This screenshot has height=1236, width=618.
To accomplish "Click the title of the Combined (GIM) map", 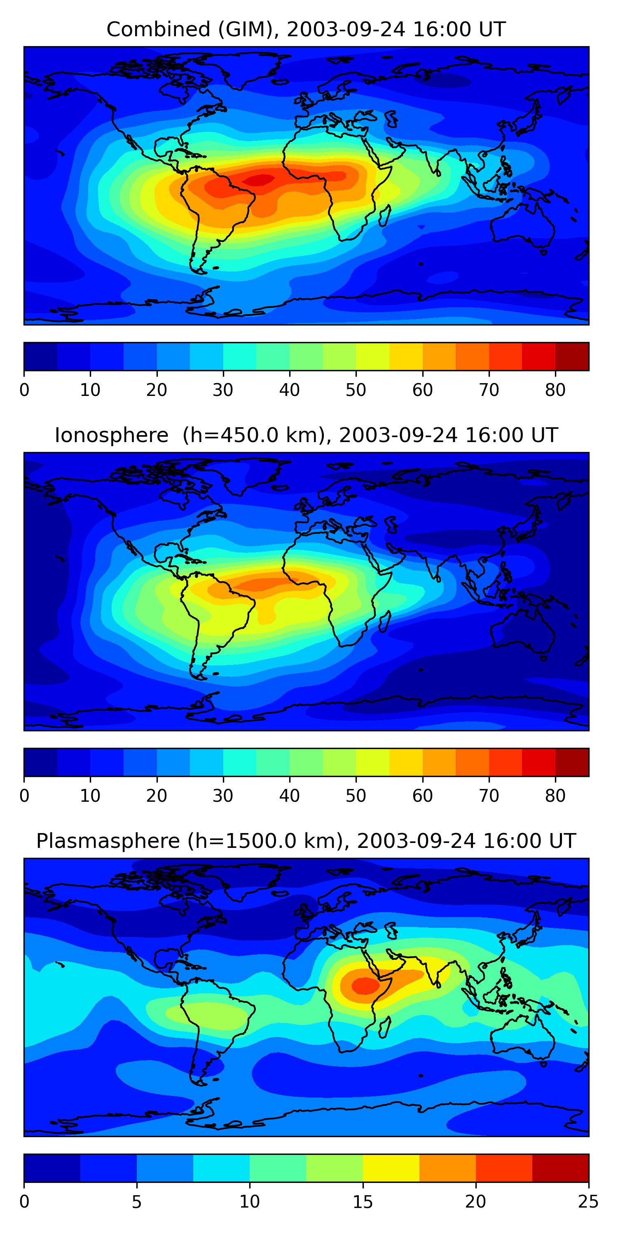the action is coord(306,30).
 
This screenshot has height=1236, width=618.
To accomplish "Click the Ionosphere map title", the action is coord(306,435).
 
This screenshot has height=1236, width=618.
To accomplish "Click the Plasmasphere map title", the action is coord(306,842).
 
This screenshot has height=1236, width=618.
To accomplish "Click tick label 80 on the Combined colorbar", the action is coord(555,390).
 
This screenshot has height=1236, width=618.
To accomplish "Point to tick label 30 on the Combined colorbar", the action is coord(223,390).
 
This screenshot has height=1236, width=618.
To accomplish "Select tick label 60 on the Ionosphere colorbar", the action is coord(423,796).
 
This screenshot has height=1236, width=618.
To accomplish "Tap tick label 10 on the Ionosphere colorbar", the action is coord(90,796).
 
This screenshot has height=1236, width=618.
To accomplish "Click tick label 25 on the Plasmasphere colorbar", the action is coord(588,1202).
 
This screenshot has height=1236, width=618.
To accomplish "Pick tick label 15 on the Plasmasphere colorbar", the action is coord(363,1202).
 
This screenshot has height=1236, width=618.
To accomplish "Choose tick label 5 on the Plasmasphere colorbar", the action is coord(137,1202).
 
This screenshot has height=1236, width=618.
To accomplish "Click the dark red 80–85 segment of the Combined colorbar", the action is coord(572,356).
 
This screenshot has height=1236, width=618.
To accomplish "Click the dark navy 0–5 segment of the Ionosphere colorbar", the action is coord(41,763).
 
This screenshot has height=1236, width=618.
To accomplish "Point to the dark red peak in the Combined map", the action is coord(259,180).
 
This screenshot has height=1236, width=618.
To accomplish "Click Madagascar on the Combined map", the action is coord(384,216).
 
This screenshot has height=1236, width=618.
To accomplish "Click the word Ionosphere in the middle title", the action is coord(111,435).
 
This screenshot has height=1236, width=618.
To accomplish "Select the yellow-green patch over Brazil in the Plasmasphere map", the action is coord(207,1015).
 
